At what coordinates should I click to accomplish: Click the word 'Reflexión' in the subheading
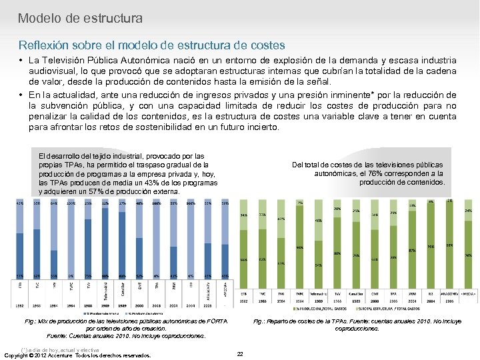tap(45, 45)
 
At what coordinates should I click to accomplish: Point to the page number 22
tap(240, 354)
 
